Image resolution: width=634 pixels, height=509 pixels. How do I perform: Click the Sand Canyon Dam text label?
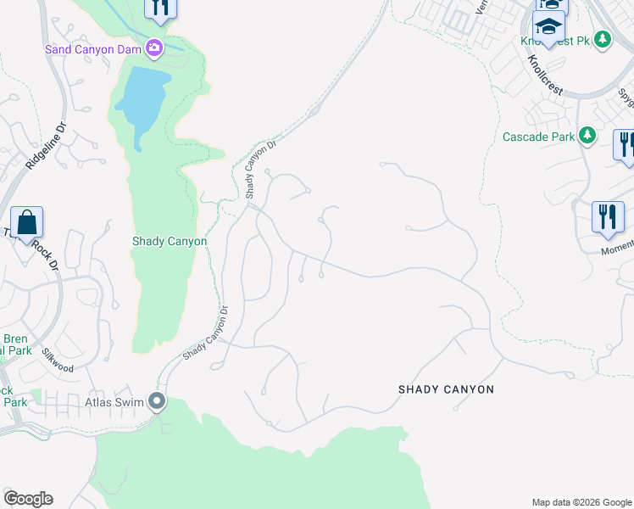[92, 48]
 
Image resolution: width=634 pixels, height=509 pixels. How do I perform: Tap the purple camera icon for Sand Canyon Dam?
[154, 48]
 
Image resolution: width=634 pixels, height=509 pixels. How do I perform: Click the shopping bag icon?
[26, 223]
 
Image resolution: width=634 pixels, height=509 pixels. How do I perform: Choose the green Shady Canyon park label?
[170, 241]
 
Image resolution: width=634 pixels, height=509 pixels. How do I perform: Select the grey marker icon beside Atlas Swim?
[156, 400]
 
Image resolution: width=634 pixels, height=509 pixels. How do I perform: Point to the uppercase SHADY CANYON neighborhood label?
[446, 389]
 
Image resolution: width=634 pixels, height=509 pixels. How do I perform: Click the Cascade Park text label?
[538, 136]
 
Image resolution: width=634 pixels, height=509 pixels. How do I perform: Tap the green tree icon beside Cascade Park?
[586, 136]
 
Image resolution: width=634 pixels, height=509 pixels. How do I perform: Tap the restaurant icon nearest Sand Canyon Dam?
[160, 7]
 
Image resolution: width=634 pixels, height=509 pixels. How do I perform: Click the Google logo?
[28, 499]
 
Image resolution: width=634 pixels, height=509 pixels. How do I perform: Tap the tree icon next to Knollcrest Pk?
[603, 39]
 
